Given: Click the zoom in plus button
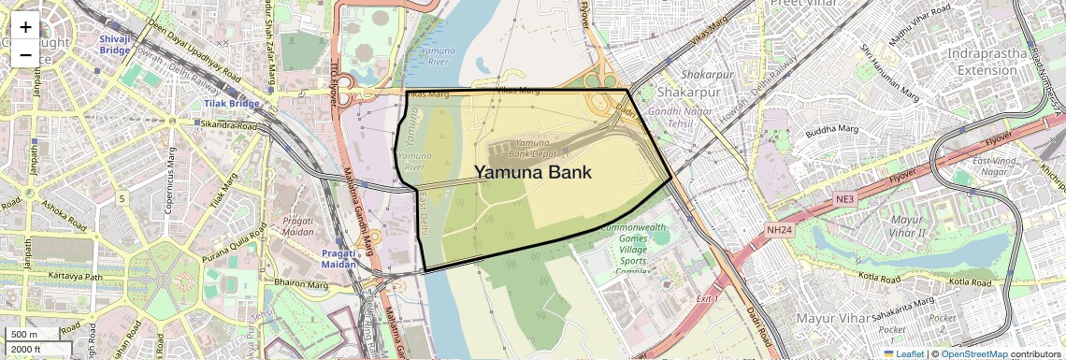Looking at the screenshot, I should click(x=25, y=27).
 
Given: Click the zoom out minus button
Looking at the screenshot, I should click(x=25, y=54).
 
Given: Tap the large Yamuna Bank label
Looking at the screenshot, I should click(x=533, y=172).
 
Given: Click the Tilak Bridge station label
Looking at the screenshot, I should click(x=229, y=103).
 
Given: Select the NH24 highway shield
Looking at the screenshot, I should click(x=779, y=228).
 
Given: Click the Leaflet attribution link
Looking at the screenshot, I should click(x=903, y=353).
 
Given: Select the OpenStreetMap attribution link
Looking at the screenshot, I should click(x=974, y=353).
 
